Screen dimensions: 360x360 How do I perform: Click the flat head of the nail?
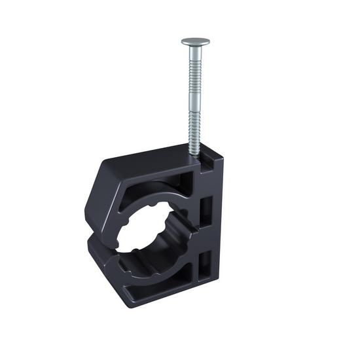pos(195,41)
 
